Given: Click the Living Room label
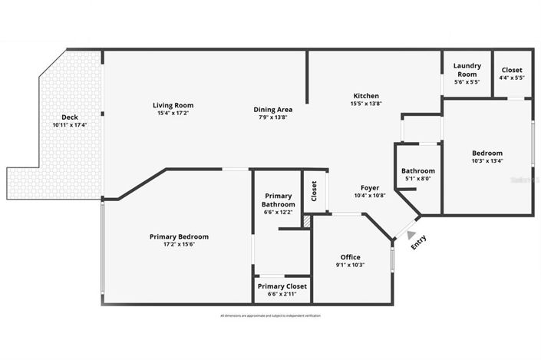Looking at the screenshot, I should click(173, 105).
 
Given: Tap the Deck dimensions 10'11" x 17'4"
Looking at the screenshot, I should click(70, 125).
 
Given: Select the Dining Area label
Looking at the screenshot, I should click(272, 110).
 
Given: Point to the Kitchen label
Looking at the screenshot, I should click(366, 96).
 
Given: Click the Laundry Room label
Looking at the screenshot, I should click(467, 70).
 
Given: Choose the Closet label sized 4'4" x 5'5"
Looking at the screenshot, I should click(511, 70).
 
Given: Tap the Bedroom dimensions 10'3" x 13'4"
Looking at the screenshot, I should click(487, 161).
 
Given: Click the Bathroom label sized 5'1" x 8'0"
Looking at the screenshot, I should click(418, 171).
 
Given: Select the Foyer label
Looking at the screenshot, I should click(370, 187).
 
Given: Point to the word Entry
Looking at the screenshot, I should click(419, 243).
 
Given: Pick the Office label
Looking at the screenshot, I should click(350, 257).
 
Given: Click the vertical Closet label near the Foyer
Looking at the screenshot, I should click(314, 191).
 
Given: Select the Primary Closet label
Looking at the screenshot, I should click(282, 286).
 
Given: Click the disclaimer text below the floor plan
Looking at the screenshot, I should click(270, 316).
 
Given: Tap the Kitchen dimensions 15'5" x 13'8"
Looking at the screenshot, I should click(366, 104).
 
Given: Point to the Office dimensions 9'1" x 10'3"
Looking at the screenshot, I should click(350, 266).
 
